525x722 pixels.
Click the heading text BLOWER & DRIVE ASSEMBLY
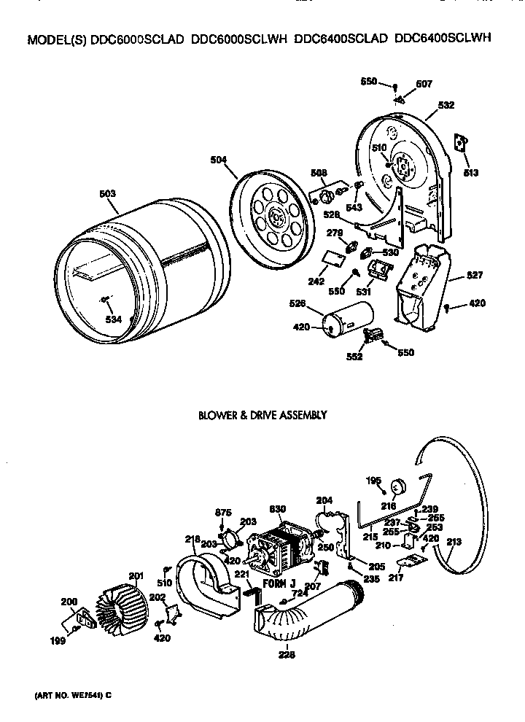point(262,415)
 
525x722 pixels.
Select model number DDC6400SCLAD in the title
point(341,42)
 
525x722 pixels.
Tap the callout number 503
point(107,194)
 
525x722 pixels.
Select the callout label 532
point(445,105)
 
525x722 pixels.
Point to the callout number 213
point(454,541)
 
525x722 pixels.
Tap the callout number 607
point(424,84)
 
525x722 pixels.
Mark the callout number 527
point(454,276)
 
